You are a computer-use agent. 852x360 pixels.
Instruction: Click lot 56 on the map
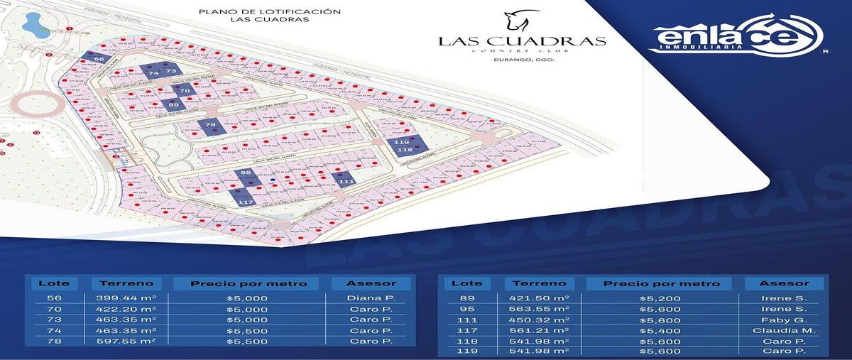99,59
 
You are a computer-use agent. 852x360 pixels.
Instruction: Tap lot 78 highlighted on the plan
210,126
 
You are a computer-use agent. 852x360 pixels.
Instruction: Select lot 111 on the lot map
346,182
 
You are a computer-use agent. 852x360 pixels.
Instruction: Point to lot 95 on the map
246,173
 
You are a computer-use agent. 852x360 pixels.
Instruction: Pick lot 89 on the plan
175,105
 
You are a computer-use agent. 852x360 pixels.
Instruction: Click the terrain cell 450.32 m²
539,320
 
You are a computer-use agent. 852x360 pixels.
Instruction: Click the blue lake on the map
33,27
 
